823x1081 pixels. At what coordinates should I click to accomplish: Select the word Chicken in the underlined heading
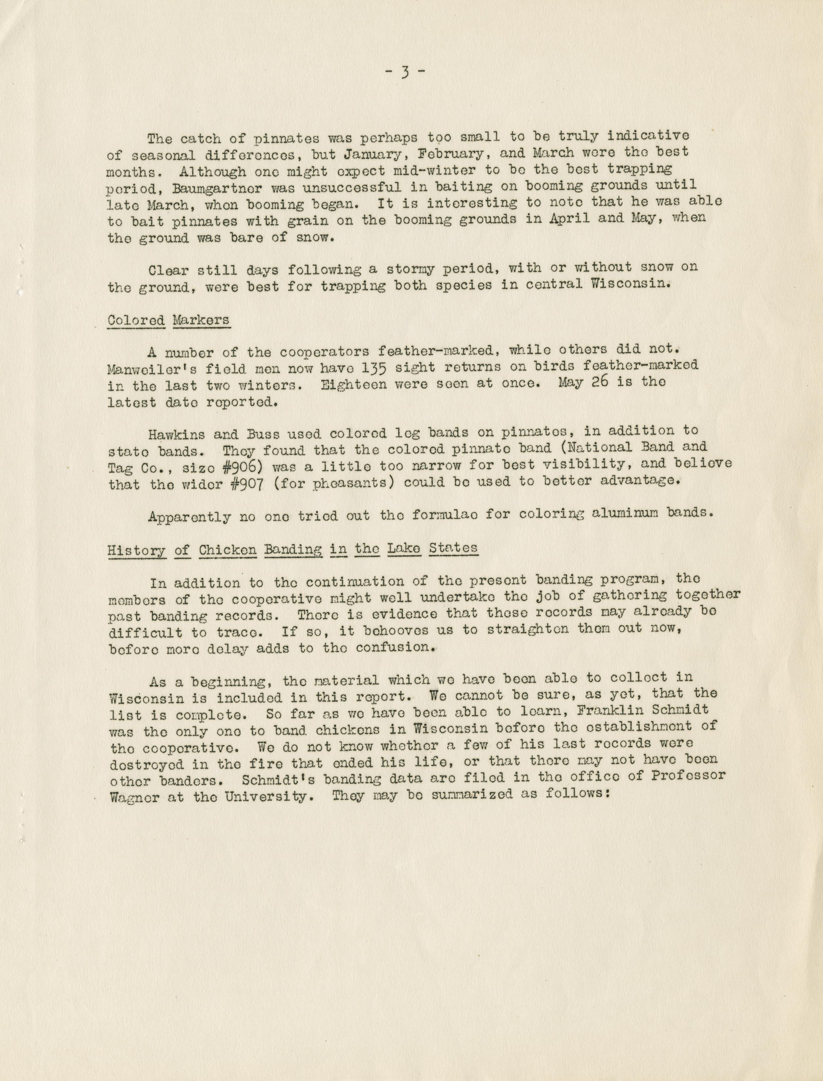227,550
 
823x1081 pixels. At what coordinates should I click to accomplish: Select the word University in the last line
268,796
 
